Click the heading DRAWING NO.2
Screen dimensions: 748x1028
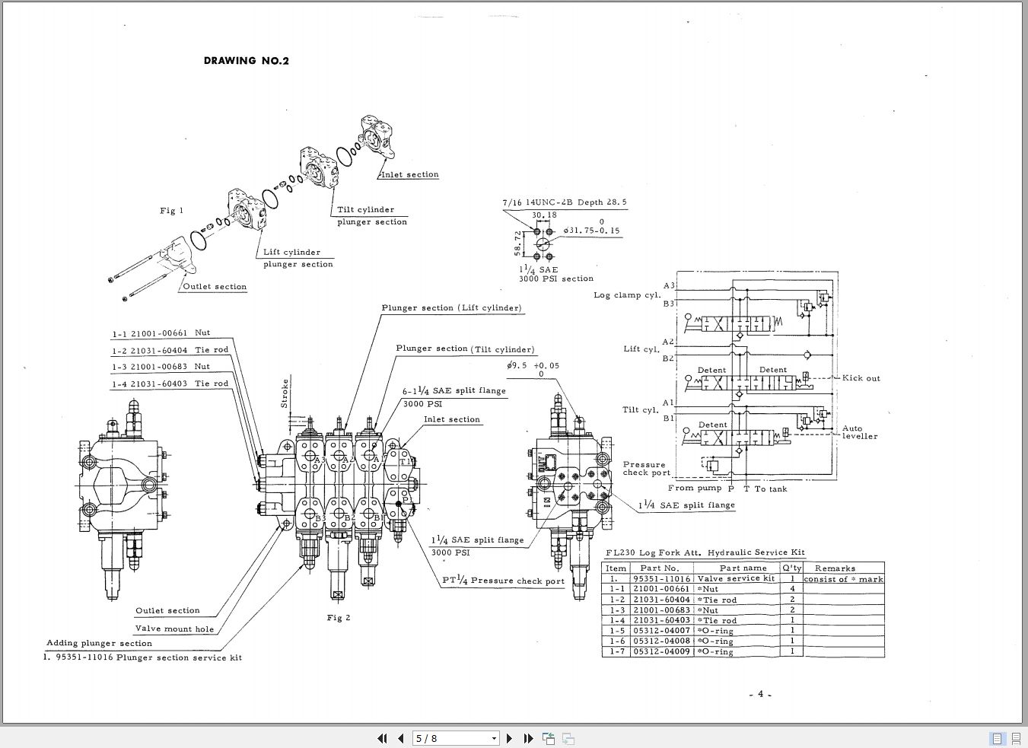point(246,61)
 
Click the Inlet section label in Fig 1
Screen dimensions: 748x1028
point(410,175)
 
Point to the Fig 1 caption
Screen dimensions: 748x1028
point(171,211)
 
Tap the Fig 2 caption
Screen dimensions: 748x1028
point(339,617)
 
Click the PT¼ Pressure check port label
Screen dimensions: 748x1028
point(504,581)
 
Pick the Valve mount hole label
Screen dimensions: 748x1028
point(174,629)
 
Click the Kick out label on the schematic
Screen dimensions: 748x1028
point(861,378)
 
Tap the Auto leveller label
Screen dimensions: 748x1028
point(860,432)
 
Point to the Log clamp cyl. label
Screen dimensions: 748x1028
point(627,295)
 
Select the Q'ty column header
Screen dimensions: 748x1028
point(791,568)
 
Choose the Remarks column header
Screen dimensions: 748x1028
point(835,568)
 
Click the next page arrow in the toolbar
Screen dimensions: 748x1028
point(509,738)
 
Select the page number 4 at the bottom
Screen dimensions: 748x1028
point(759,694)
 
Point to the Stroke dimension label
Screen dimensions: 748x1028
point(285,393)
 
